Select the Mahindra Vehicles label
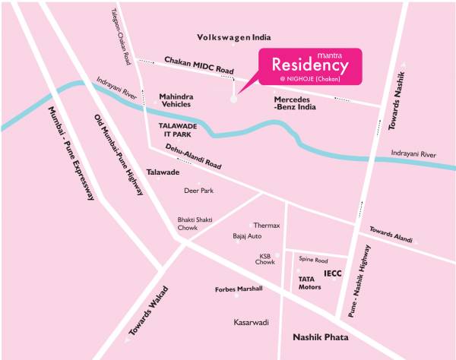[180, 101]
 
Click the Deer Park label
[198, 191]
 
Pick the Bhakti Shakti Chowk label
[192, 223]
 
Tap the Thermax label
[267, 226]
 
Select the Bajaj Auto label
[247, 237]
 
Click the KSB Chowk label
[265, 259]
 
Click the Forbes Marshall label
[239, 289]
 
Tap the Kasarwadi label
[251, 323]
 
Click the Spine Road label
[312, 258]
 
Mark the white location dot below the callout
[233, 98]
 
